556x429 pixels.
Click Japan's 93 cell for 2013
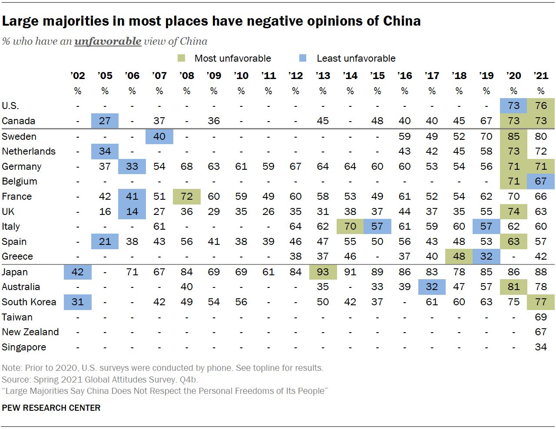pyautogui.click(x=323, y=272)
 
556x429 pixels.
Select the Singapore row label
pyautogui.click(x=24, y=347)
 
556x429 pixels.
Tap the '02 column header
pyautogui.click(x=78, y=76)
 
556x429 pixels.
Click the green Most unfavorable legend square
pyautogui.click(x=182, y=58)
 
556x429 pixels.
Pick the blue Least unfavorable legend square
pyautogui.click(x=303, y=58)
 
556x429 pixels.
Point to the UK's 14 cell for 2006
pyautogui.click(x=132, y=211)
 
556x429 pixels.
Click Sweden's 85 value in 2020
pyautogui.click(x=513, y=136)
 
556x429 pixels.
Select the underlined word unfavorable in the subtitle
pyautogui.click(x=108, y=41)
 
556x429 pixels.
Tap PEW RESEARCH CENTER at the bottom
pyautogui.click(x=51, y=408)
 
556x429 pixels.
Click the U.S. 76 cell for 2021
pyautogui.click(x=541, y=106)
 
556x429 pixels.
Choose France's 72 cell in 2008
pyautogui.click(x=187, y=196)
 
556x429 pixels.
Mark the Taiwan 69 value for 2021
pyautogui.click(x=541, y=317)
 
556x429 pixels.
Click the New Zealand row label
pyautogui.click(x=30, y=332)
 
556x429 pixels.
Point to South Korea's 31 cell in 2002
pyautogui.click(x=78, y=302)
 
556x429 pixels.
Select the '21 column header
pyautogui.click(x=541, y=76)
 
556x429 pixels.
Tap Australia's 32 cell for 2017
pyautogui.click(x=432, y=287)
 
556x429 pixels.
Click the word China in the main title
pyautogui.click(x=402, y=21)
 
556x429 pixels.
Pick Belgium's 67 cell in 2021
pyautogui.click(x=541, y=181)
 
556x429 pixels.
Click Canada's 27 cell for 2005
pyautogui.click(x=105, y=121)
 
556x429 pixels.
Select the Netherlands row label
pyautogui.click(x=29, y=151)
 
